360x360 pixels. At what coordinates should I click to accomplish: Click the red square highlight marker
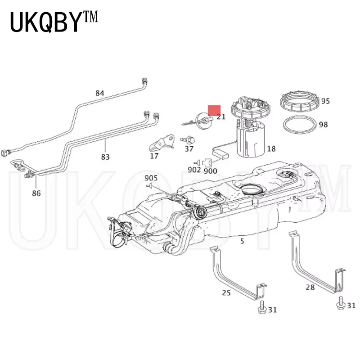pos(214,110)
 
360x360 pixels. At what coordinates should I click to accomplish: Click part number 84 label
pos(99,93)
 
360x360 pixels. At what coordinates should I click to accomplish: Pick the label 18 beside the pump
pos(271,149)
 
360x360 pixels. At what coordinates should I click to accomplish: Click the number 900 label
pos(210,171)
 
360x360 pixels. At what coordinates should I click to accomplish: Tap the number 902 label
pos(193,170)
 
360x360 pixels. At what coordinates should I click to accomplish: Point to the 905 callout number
pos(151,178)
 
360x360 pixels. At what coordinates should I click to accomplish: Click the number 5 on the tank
pos(242,241)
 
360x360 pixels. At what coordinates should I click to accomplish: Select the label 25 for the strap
pos(226,293)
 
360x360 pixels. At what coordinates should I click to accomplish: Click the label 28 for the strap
pos(310,287)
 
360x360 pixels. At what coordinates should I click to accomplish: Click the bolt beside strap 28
pos(341,304)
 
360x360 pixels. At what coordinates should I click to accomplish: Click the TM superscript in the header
pos(89,19)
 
